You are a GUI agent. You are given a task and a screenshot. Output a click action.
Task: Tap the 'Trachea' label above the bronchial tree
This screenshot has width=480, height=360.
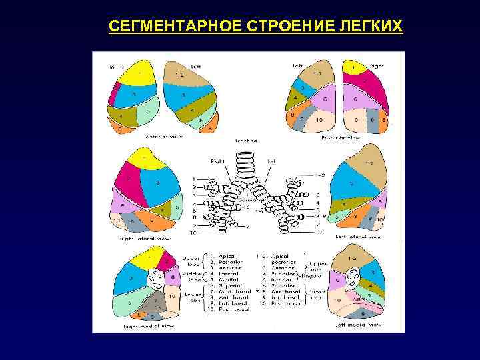(246, 141)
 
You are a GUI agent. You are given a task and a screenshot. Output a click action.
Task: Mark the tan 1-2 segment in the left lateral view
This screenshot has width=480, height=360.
(369, 164)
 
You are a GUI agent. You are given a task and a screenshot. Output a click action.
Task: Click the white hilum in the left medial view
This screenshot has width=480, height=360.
(352, 275)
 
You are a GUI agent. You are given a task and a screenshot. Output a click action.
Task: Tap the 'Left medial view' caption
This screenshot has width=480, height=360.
(361, 325)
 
